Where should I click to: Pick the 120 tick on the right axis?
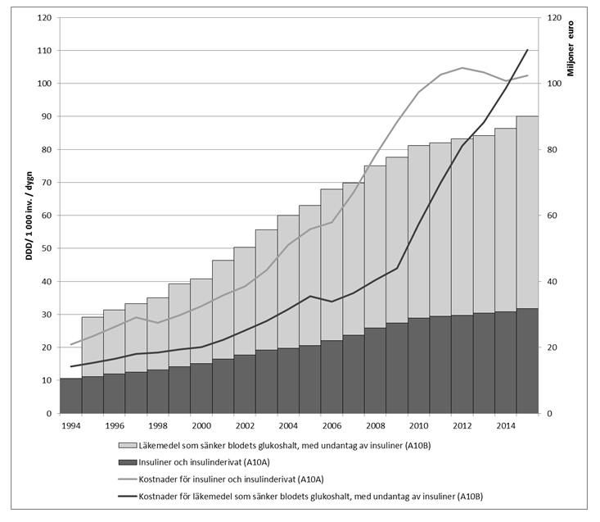point(553,18)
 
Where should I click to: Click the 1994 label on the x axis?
point(70,426)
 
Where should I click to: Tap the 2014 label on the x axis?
point(505,426)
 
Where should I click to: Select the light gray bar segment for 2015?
point(527,212)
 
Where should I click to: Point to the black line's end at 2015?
point(527,50)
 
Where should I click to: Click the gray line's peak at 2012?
point(462,68)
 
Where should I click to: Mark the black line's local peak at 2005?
point(309,296)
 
